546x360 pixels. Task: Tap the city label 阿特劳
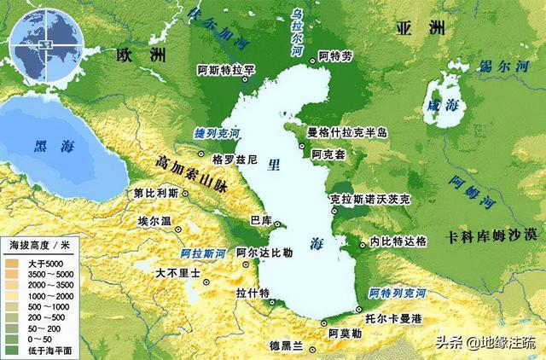pos(334,56)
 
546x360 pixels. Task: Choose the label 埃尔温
pos(155,220)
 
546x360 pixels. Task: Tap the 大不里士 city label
pos(177,275)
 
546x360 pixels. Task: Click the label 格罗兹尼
pos(233,160)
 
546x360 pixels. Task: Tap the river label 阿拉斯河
pos(204,254)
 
